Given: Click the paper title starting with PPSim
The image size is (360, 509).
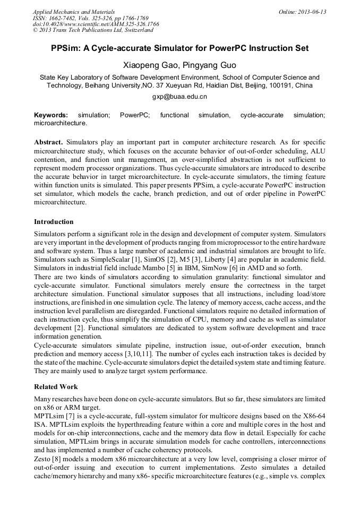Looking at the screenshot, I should [179, 48].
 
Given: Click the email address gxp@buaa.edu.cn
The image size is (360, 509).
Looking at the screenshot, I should [179, 97].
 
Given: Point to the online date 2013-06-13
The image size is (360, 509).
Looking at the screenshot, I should [313, 11].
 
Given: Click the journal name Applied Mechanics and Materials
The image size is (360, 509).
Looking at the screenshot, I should [74, 11].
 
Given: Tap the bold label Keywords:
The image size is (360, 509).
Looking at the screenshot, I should [51, 115].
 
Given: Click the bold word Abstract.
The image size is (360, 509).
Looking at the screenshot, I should [48, 142].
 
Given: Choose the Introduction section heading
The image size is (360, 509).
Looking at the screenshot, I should [54, 222].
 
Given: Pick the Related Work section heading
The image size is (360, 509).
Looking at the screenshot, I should [56, 386].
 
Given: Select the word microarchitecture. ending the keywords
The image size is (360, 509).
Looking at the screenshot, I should [60, 123].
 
